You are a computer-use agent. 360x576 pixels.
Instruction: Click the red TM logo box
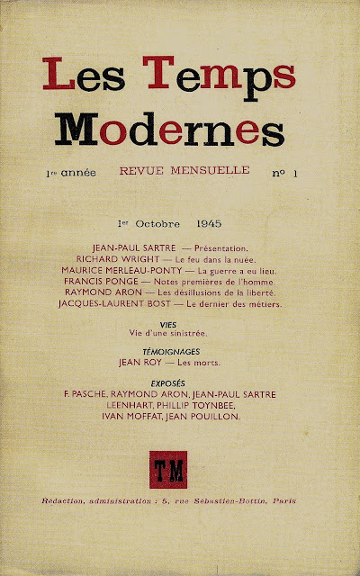pos(179,468)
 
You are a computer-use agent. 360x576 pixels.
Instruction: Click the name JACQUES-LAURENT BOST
pos(127,302)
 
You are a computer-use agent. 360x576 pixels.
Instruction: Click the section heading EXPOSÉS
pos(179,382)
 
